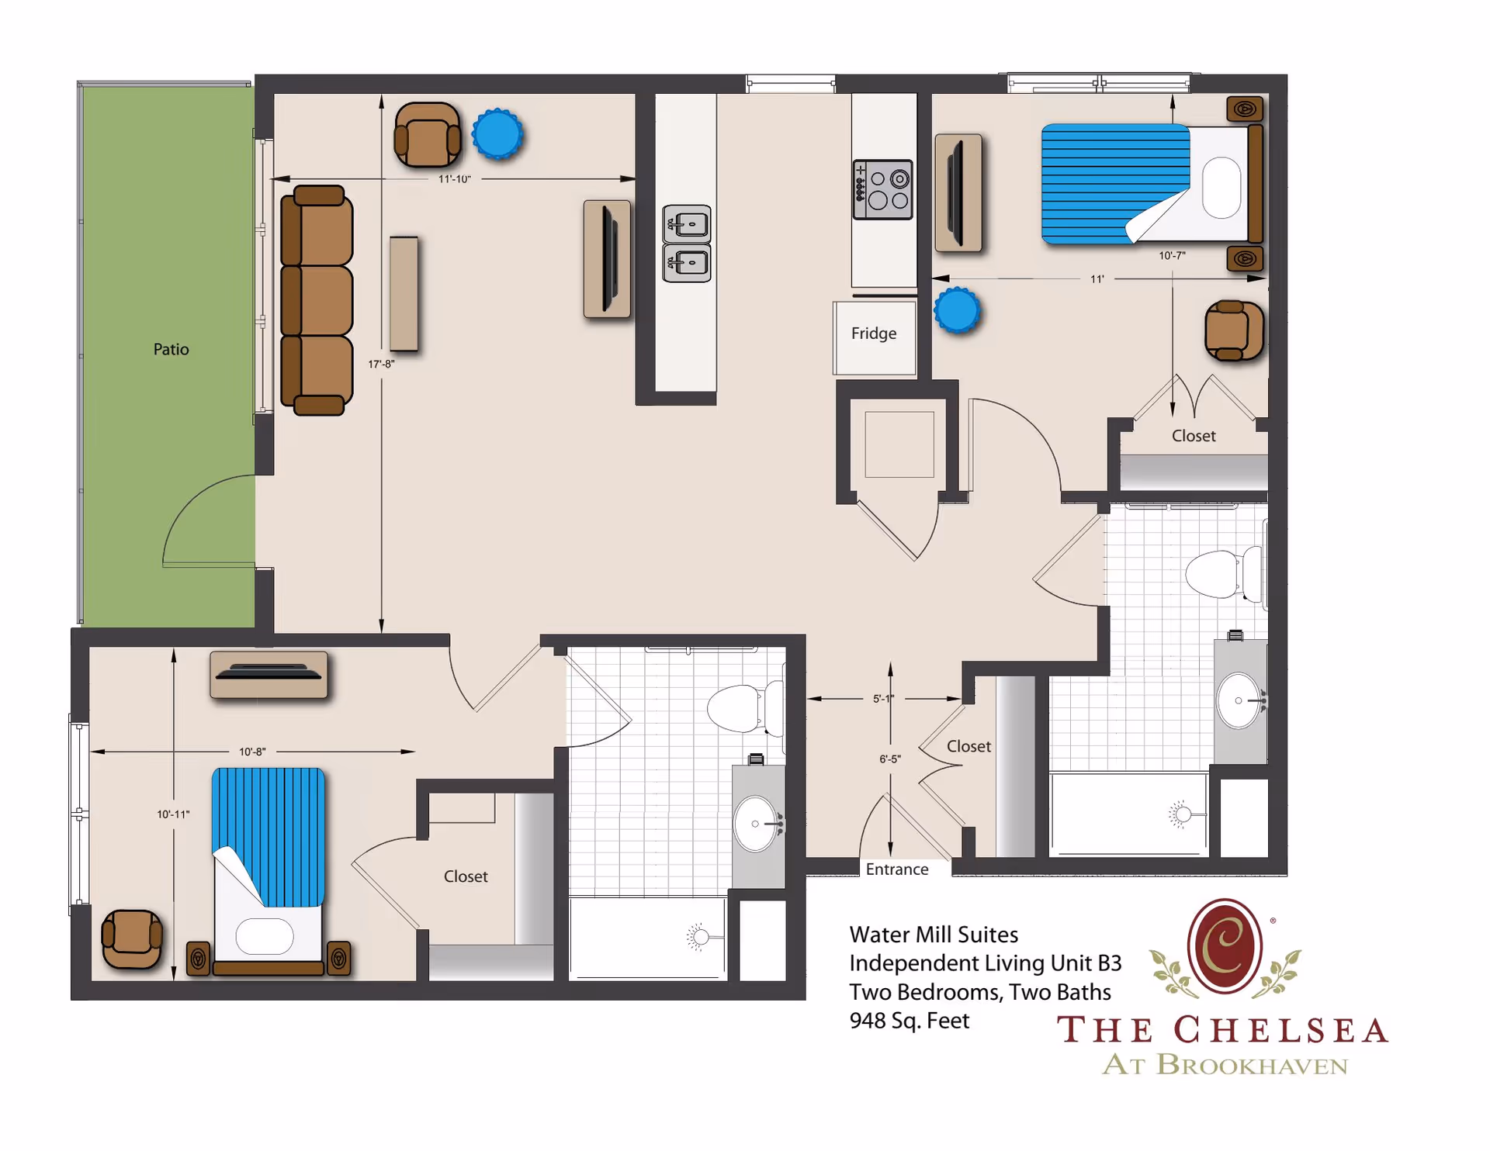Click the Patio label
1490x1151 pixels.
tap(171, 349)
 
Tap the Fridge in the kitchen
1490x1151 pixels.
tap(874, 335)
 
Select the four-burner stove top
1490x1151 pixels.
tap(883, 190)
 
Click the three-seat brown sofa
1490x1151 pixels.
tap(317, 300)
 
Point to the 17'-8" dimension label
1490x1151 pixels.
tap(381, 364)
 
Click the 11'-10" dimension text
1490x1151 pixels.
tap(454, 179)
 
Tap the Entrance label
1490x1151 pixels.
tap(897, 869)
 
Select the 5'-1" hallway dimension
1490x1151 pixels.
tap(883, 699)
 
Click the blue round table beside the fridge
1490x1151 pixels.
tap(958, 310)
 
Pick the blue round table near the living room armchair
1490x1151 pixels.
tap(497, 134)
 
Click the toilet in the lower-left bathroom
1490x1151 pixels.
tap(741, 707)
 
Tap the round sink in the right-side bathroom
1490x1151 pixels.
tap(1239, 700)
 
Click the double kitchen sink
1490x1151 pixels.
tap(687, 244)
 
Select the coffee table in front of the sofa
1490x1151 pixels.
tap(404, 294)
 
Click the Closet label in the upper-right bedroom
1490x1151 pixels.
tap(1194, 436)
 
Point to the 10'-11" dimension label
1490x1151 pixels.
tap(173, 814)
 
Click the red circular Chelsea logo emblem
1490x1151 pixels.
tap(1225, 946)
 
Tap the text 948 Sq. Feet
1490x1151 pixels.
tap(910, 1021)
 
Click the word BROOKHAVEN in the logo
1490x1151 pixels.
tap(1252, 1065)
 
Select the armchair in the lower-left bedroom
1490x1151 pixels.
tap(132, 938)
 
